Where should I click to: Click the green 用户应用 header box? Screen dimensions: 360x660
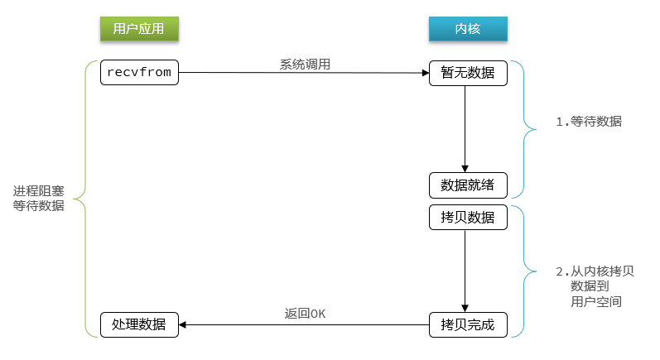pyautogui.click(x=139, y=29)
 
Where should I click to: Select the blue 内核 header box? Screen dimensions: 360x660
pyautogui.click(x=467, y=29)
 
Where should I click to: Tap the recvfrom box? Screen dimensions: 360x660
pyautogui.click(x=139, y=73)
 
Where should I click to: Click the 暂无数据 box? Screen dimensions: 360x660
pyautogui.click(x=467, y=73)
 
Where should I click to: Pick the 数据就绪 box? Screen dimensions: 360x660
pyautogui.click(x=467, y=184)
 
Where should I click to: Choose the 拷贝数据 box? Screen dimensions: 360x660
pyautogui.click(x=467, y=218)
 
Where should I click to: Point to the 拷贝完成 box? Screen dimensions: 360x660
pyautogui.click(x=467, y=324)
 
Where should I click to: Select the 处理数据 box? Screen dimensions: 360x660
pyautogui.click(x=139, y=324)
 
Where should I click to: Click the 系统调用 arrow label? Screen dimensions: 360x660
pyautogui.click(x=305, y=64)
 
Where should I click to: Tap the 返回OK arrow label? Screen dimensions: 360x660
pyautogui.click(x=305, y=314)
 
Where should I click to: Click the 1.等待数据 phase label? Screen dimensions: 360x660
pyautogui.click(x=589, y=122)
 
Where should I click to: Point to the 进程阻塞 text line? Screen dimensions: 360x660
pyautogui.click(x=38, y=190)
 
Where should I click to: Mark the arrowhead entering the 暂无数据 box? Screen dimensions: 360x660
pyautogui.click(x=424, y=73)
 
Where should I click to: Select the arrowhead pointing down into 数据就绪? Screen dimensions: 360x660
pyautogui.click(x=466, y=167)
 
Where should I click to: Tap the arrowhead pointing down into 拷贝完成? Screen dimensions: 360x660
pyautogui.click(x=466, y=307)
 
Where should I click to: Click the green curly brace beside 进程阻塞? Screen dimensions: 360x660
pyautogui.click(x=82, y=199)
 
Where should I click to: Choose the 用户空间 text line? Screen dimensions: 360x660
pyautogui.click(x=596, y=303)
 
